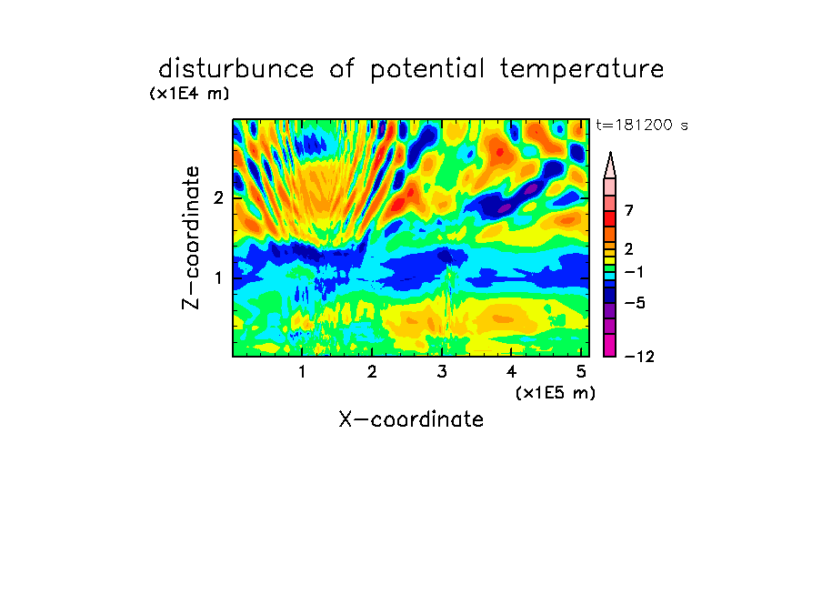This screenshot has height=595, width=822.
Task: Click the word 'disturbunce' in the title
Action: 236,69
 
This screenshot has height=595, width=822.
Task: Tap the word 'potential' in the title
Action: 427,70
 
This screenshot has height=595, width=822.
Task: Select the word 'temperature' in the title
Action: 582,70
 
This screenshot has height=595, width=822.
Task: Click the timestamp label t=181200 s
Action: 642,125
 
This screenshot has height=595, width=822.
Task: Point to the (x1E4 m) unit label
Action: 189,94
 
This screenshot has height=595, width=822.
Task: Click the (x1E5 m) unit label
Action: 556,392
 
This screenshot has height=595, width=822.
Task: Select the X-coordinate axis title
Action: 411,419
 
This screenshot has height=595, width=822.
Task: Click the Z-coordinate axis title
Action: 191,237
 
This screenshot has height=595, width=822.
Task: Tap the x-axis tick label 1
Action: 303,372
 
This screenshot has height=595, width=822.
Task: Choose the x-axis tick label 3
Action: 442,372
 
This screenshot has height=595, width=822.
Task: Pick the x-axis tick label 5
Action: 581,372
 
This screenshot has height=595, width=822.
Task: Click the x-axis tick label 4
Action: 511,372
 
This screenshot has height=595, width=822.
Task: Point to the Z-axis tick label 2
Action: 218,197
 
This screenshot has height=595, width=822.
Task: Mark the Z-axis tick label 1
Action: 219,277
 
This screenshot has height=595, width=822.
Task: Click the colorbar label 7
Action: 629,211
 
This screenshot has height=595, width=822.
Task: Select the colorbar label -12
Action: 639,357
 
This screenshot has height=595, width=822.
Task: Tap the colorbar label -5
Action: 635,303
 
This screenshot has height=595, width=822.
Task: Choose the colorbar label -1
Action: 635,272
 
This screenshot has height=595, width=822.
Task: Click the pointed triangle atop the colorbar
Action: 610,165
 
